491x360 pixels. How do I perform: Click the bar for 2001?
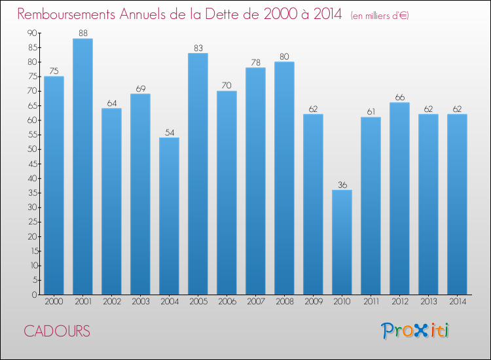coord(82,167)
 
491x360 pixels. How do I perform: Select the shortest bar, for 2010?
coord(342,242)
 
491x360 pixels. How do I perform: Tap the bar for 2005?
coord(198,174)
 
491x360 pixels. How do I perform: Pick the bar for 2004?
coord(169,216)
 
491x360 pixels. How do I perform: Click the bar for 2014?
coord(457,204)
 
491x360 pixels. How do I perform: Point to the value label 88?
coord(82,33)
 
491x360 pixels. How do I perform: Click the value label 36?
coord(342,185)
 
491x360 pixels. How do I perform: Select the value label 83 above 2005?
coord(198,47)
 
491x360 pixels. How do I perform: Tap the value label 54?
coord(169,132)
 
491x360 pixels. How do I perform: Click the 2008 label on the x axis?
coord(284,301)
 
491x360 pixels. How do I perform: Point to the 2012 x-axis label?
coord(399,301)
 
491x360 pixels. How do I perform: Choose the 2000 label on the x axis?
coord(54,301)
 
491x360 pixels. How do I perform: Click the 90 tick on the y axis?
coord(32,33)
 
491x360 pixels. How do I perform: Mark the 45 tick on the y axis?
coord(32,164)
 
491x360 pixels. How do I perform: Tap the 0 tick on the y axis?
coord(34,295)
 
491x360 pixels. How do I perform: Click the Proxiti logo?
coord(416,331)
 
